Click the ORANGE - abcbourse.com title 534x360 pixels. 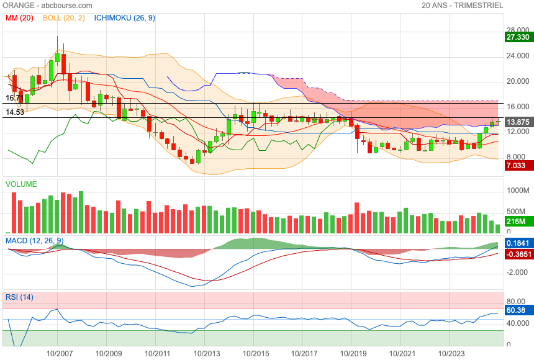[47, 6]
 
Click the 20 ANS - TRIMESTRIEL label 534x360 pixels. [462, 6]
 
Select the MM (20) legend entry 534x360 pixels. [19, 18]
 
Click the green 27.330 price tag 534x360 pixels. [517, 37]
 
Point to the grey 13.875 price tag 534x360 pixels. [517, 122]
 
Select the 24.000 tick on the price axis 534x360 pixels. [518, 56]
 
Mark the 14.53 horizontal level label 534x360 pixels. [15, 112]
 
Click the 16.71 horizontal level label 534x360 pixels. [15, 98]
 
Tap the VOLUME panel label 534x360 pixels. [21, 184]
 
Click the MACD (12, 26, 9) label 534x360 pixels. [34, 241]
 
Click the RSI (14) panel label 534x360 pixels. [19, 297]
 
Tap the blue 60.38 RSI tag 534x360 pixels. [517, 310]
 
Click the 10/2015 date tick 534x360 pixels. [256, 353]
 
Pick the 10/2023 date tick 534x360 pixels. [451, 353]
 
